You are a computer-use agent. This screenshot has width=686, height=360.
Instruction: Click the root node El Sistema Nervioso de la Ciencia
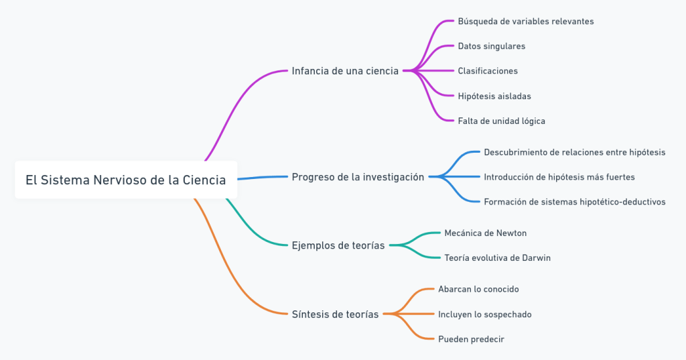pos(126,180)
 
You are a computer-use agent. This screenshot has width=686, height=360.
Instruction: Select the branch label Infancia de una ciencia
pos(345,70)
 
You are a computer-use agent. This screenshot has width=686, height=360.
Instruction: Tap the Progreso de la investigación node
pos(358,177)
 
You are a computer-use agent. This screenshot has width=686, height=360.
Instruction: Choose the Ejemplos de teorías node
pos(338,245)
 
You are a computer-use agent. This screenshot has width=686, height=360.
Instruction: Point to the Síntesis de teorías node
pos(335,314)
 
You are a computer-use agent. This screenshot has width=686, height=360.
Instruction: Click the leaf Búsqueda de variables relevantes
pos(525,21)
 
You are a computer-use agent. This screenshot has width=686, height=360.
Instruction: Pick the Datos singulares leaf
pos(491,46)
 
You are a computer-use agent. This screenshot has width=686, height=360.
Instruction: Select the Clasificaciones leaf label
pos(487,71)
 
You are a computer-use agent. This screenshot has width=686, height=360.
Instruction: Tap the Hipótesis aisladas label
pos(494,96)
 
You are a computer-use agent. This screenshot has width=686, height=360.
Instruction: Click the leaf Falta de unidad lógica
pos(501,121)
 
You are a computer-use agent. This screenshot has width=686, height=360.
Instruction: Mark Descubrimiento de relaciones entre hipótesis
pos(574,152)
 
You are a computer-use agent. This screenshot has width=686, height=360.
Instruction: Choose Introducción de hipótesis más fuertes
pos(559,177)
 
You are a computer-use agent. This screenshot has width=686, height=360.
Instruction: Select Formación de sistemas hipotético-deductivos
pos(574,202)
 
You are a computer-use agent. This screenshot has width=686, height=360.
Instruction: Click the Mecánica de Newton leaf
pos(485,233)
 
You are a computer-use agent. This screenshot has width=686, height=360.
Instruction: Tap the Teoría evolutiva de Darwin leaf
pos(497,258)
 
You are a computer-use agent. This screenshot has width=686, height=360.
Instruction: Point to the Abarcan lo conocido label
pos(478,289)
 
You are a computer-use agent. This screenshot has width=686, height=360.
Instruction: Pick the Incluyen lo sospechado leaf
pos(484,314)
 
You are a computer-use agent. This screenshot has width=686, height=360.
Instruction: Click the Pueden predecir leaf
pos(471,339)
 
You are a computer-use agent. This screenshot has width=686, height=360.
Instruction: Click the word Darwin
pos(535,258)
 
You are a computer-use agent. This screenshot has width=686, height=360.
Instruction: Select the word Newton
pos(511,233)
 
